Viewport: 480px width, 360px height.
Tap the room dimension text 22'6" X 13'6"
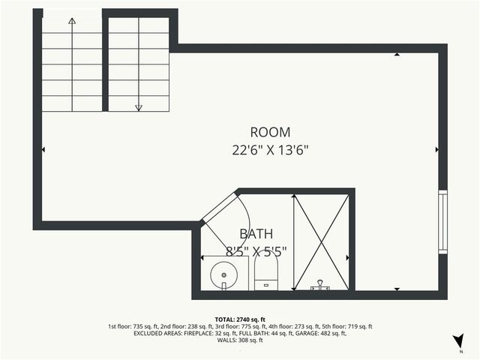click(x=269, y=149)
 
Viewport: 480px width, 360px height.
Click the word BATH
click(x=256, y=233)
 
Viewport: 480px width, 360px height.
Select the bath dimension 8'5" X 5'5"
click(x=256, y=250)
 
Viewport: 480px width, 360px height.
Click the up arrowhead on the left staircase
click(x=72, y=21)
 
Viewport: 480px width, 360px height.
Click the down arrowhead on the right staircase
click(x=139, y=108)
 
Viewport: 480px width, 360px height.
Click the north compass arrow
click(x=457, y=342)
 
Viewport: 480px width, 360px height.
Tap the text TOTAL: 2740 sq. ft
click(x=240, y=319)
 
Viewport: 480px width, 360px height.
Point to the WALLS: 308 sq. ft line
click(x=240, y=340)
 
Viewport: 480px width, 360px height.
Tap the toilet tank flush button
click(x=266, y=285)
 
